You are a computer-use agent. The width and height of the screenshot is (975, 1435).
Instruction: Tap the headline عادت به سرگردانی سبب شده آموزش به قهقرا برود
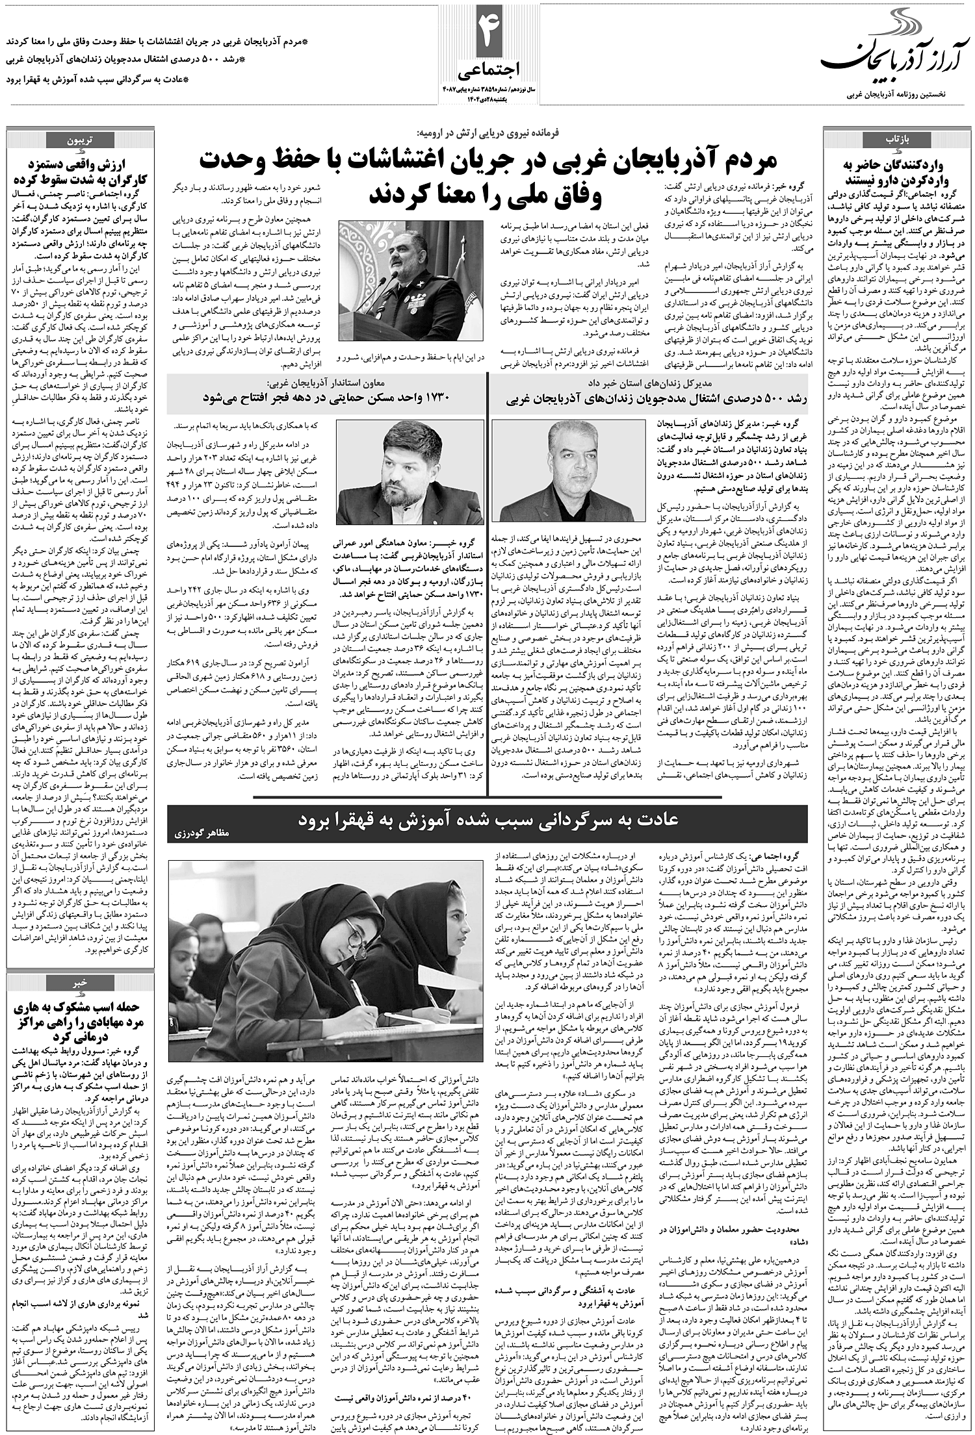tap(489, 820)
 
